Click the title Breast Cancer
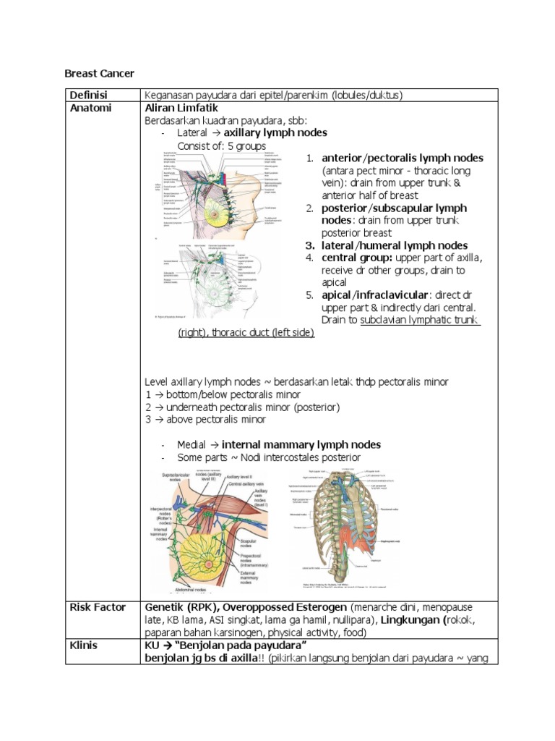pos(100,73)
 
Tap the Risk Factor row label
pos(98,606)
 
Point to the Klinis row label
pos(85,644)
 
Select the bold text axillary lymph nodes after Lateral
pos(275,133)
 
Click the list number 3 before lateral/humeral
pos(309,245)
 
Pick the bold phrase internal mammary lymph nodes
pos(301,444)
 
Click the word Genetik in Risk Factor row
pos(165,606)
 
